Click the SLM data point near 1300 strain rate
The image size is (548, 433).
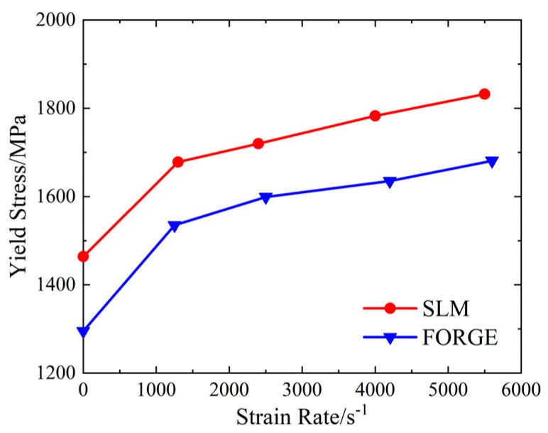click(178, 162)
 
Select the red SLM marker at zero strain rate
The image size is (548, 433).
click(84, 256)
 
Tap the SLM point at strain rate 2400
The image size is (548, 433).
click(258, 143)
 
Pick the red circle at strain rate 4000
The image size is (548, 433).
click(375, 116)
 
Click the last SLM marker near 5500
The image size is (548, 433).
click(484, 94)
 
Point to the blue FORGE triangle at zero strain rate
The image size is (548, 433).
click(84, 331)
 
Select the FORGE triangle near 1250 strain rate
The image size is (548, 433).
click(175, 226)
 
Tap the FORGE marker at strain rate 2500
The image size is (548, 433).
click(265, 197)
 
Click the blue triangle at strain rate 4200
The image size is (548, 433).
click(390, 182)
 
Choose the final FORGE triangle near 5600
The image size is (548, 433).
click(491, 162)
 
